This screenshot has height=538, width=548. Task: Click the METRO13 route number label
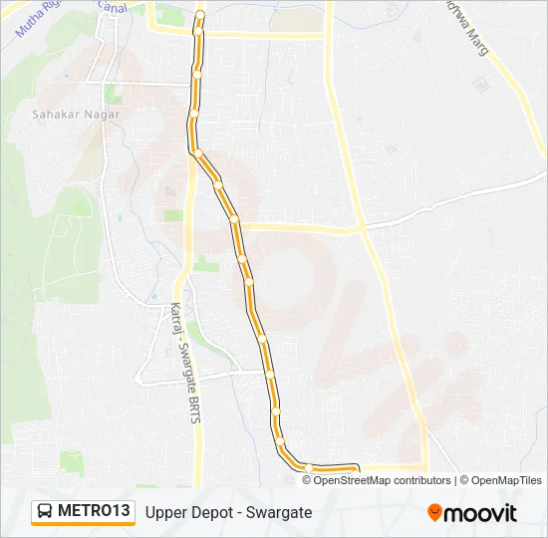coord(94,511)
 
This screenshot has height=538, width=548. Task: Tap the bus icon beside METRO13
coord(46,511)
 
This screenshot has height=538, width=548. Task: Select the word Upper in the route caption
coord(165,512)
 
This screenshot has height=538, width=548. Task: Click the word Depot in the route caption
coord(213,512)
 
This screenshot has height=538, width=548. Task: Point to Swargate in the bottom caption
coord(281,512)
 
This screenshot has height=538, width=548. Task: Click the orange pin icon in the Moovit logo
coord(434,512)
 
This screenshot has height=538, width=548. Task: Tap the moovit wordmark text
coord(479,513)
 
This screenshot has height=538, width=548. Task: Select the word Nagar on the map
coord(101,115)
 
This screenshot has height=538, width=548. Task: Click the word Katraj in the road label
coord(176,319)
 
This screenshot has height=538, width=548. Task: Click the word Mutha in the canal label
coord(29,28)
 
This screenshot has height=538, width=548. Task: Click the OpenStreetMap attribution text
coord(352,480)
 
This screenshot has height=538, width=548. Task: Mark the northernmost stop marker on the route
coord(199,14)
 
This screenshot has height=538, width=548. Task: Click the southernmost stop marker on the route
coord(310,467)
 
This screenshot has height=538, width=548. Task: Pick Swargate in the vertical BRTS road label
coord(183,364)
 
